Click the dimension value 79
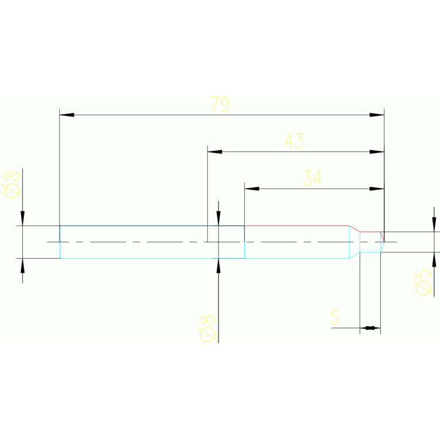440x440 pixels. (x=220, y=104)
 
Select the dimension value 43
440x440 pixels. (x=294, y=141)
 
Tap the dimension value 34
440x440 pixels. (x=312, y=178)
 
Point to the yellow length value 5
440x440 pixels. (x=335, y=317)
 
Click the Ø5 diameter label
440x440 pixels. (x=423, y=282)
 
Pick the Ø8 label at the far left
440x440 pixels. (x=11, y=184)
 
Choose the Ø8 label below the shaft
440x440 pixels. (x=207, y=328)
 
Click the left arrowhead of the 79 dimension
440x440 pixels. (x=67, y=115)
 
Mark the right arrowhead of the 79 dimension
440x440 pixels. (x=377, y=115)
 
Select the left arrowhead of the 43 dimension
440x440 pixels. (x=215, y=151)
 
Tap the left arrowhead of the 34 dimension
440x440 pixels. (x=252, y=188)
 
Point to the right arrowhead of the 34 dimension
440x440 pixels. (x=377, y=188)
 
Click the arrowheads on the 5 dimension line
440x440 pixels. (x=370, y=328)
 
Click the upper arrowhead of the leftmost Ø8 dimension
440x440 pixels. (x=22, y=219)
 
